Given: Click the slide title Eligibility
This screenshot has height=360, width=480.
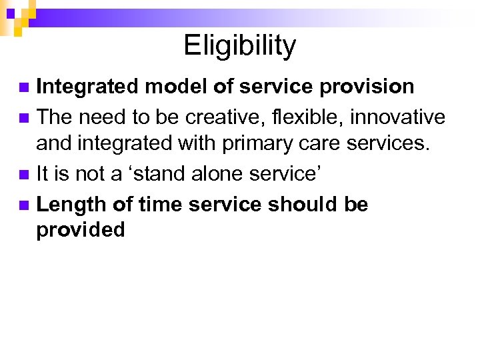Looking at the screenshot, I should (x=239, y=46).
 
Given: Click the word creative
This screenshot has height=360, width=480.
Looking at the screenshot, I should (x=221, y=117).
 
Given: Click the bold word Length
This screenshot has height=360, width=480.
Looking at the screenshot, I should (x=72, y=204).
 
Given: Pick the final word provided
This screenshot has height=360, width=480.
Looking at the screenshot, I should (x=81, y=230).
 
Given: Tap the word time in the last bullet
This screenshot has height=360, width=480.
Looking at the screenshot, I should (x=161, y=204).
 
